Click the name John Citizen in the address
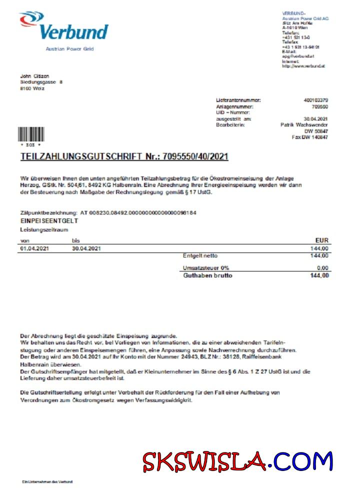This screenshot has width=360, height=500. click(x=34, y=76)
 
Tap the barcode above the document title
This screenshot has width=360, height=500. click(x=30, y=134)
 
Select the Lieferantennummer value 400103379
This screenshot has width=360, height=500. click(x=316, y=100)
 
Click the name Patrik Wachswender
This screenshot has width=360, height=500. click(x=304, y=125)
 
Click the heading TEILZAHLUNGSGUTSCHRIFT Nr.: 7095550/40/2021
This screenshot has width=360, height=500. click(x=124, y=156)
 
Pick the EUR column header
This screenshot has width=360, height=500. click(x=322, y=240)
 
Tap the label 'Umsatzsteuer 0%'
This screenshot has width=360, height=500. click(x=206, y=268)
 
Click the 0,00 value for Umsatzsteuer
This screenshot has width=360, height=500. click(x=323, y=268)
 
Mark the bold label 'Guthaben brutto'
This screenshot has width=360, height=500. click(x=207, y=275)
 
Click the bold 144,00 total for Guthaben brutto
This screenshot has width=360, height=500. click(x=319, y=275)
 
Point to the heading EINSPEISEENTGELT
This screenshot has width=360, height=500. click(x=49, y=220)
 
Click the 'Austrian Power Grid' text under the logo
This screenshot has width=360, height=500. click(x=69, y=49)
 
